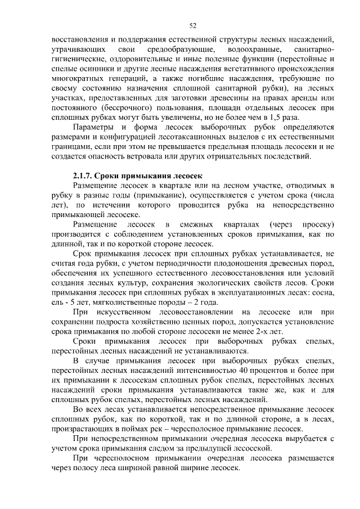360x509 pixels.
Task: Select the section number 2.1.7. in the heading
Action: point(86,176)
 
